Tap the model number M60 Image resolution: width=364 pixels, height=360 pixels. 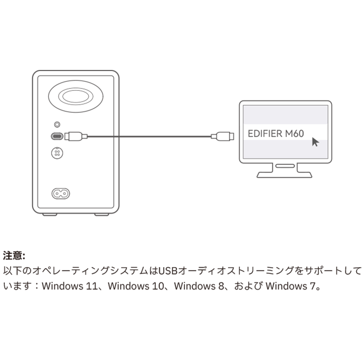tap(295, 134)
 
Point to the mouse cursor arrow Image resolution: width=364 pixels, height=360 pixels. tap(315, 142)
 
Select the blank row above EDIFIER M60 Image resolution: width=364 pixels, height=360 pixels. tap(285, 115)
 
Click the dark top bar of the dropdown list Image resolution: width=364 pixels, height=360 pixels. tap(285, 104)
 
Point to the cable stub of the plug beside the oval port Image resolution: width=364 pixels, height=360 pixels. tap(84, 137)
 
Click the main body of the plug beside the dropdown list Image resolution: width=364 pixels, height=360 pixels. tap(224, 137)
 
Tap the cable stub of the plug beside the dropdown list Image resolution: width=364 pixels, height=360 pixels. tap(214, 137)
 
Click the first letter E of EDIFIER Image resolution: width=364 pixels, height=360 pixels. tap(250, 134)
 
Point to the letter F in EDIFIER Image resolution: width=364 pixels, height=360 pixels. tap(265, 134)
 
